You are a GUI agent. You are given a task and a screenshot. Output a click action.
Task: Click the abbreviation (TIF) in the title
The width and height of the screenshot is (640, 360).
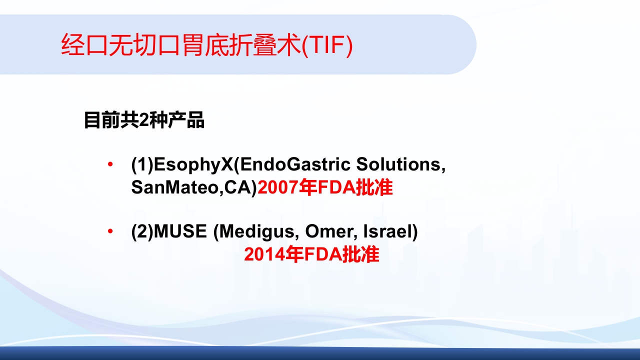coord(327,45)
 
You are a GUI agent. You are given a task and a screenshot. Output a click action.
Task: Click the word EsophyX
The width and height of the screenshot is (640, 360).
coord(193,165)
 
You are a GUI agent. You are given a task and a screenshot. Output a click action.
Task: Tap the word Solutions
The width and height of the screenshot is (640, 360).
coord(401,164)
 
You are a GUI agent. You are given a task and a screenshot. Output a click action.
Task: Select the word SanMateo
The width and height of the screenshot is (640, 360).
coord(175,187)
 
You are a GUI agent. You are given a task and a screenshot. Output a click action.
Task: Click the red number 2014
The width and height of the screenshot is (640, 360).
coord(264,254)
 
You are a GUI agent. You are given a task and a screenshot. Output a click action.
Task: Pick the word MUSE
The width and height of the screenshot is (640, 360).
coord(180,231)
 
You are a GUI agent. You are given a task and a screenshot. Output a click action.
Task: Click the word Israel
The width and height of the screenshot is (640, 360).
coord(387,231)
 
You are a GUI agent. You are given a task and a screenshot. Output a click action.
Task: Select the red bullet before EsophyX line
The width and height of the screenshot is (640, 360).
coord(110,164)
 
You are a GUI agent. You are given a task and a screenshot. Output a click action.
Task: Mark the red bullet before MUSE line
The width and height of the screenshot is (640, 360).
coord(110,231)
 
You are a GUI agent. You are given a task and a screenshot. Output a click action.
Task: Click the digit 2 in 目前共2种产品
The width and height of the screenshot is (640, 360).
coord(143,120)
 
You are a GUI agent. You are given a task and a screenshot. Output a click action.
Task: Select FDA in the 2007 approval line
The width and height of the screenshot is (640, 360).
coord(336,187)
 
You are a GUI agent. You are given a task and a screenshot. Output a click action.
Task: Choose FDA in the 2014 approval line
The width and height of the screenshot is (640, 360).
coord(323,254)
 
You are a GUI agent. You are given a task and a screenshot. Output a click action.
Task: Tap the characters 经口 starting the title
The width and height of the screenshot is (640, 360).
coord(84,45)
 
